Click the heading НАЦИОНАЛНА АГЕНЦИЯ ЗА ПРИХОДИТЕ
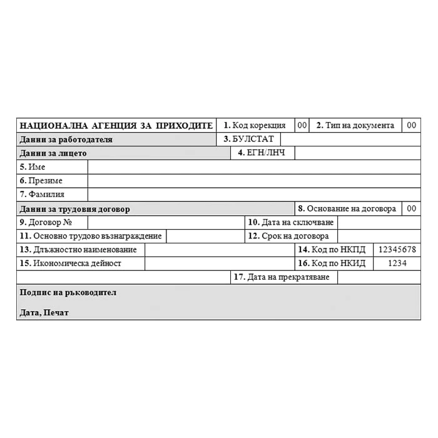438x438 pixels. (x=116, y=125)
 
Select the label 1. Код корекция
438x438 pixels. (x=255, y=125)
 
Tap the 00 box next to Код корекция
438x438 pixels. (x=302, y=125)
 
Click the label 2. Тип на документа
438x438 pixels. (x=355, y=125)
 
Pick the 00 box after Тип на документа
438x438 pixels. (x=411, y=125)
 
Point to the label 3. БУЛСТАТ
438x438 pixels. (x=249, y=139)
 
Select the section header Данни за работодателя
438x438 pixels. (x=66, y=140)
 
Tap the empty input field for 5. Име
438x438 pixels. (x=253, y=166)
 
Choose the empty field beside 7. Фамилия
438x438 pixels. (x=253, y=194)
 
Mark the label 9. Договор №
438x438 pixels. (x=46, y=222)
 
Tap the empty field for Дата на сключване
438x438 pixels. (x=379, y=222)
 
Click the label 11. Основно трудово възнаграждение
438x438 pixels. (x=91, y=236)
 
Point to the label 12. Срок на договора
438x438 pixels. (x=288, y=236)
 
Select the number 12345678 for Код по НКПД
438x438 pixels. (x=397, y=250)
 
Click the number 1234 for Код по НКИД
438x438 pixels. (x=397, y=263)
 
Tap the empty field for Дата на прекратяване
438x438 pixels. (x=379, y=277)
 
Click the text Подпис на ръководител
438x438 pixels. (x=68, y=292)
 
